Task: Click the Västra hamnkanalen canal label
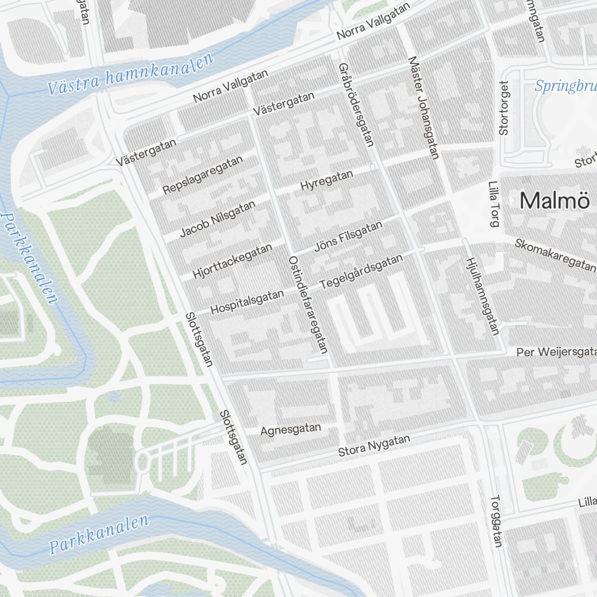coord(131,75)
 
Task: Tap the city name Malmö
coord(555,201)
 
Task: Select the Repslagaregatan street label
coord(204,175)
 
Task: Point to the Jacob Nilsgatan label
coord(217,218)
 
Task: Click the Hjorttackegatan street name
coord(233,261)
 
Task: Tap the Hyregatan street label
coord(327,180)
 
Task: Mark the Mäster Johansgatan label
coord(424,107)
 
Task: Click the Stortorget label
coord(503,108)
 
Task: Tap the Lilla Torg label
coord(493,205)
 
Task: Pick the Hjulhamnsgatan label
coord(481,296)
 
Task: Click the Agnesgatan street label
coord(291,429)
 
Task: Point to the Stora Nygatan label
coord(374,446)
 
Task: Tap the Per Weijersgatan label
coord(556,352)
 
